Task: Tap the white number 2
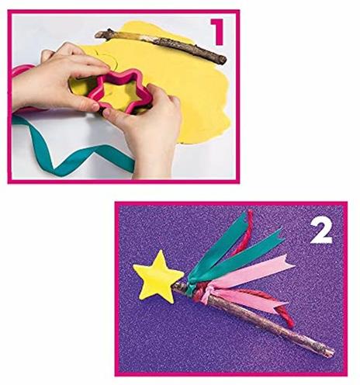click(x=321, y=231)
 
